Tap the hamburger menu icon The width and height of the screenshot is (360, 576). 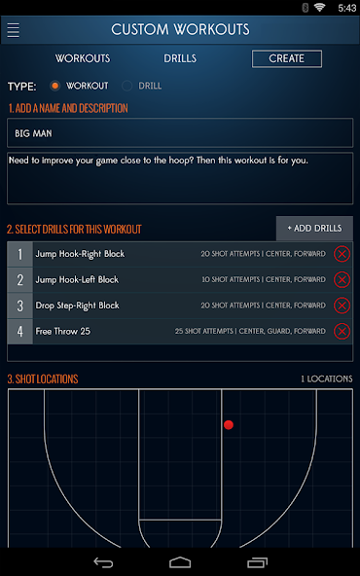pos(13,29)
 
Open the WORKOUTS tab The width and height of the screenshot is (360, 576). pos(83,58)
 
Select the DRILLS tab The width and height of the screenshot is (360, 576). pos(180,58)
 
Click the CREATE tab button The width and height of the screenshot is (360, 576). pos(286,58)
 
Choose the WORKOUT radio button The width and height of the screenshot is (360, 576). pos(55,86)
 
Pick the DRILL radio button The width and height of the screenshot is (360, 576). pos(126,86)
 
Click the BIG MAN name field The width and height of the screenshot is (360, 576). pos(180,132)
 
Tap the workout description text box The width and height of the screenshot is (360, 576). pos(180,177)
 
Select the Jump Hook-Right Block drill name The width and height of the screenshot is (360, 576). pos(80,254)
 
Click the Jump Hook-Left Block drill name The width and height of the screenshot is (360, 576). pos(77,279)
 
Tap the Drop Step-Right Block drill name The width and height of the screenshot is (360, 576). pos(77,305)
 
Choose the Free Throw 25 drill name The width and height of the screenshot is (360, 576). pos(63,331)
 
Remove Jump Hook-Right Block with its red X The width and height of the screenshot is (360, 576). pos(342,254)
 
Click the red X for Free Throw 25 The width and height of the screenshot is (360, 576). pos(342,331)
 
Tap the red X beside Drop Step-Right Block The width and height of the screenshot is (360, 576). pos(342,305)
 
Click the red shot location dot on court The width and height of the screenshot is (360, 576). pos(229,424)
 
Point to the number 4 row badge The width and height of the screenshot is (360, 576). pos(19,331)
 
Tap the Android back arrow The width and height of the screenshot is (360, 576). pos(103,562)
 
